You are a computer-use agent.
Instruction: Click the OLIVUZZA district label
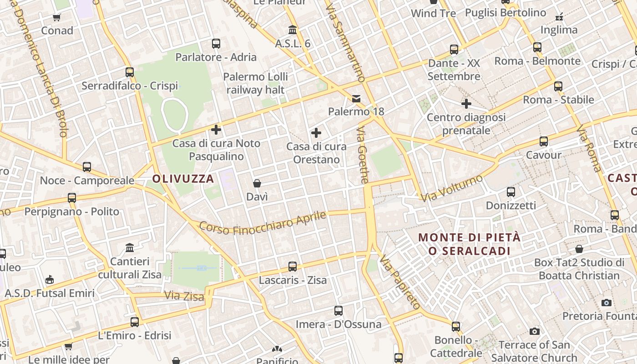[x=183, y=179]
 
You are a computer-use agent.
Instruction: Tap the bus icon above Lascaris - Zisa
[x=293, y=267]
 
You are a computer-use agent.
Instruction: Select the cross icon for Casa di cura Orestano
[x=316, y=133]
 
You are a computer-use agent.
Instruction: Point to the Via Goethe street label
[x=362, y=155]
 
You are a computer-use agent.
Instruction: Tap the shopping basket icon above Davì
[x=257, y=183]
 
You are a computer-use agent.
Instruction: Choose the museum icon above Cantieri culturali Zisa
[x=130, y=248]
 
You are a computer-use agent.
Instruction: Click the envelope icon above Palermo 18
[x=356, y=98]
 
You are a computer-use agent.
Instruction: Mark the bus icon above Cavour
[x=544, y=142]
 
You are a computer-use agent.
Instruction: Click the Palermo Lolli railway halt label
[x=255, y=83]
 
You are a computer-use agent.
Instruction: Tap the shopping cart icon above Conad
[x=57, y=18]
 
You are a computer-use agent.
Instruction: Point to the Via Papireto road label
[x=399, y=282]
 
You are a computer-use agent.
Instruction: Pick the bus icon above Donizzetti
[x=511, y=192]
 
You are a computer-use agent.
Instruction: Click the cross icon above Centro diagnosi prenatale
[x=466, y=104]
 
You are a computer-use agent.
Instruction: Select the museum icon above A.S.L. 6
[x=293, y=30]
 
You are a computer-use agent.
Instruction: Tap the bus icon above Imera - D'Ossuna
[x=339, y=311]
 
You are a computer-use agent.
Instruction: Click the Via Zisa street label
[x=184, y=296]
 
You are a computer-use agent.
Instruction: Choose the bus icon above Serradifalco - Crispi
[x=130, y=72]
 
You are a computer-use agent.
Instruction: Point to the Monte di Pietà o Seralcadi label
[x=470, y=244]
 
